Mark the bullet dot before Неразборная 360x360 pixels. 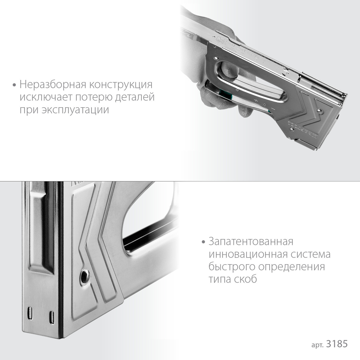click(x=14, y=86)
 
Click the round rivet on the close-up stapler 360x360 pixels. click(x=85, y=276)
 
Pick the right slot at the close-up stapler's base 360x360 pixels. click(x=51, y=317)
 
